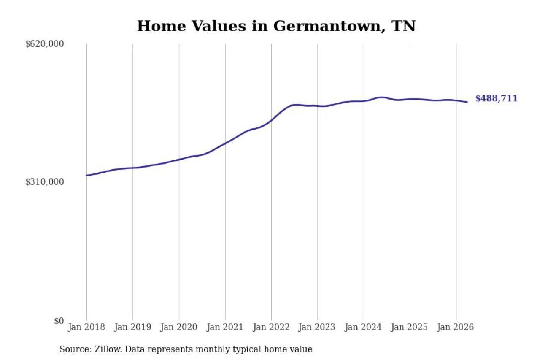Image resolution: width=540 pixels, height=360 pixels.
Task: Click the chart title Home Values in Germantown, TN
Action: [x=276, y=26]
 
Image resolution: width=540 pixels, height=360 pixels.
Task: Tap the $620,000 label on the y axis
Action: [x=45, y=44]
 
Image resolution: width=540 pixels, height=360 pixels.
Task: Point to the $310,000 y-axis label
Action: [x=45, y=182]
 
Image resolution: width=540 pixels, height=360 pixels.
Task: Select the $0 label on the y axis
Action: [x=59, y=321]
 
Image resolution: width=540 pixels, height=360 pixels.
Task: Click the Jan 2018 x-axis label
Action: [x=86, y=327]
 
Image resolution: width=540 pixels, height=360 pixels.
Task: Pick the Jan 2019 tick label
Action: [x=133, y=327]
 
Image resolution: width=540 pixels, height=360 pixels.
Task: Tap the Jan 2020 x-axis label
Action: [x=179, y=327]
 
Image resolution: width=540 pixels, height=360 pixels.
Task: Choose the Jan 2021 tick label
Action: [x=225, y=327]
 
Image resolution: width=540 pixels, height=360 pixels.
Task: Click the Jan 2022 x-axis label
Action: [x=271, y=327]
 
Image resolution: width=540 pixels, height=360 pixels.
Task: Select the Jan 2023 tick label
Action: [x=317, y=327]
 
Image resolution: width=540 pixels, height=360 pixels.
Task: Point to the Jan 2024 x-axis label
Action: [x=364, y=327]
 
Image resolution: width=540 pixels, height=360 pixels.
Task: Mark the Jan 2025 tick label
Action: [x=410, y=327]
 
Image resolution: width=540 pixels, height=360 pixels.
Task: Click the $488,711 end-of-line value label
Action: [x=497, y=98]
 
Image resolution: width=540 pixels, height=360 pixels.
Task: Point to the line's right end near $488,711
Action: [x=467, y=102]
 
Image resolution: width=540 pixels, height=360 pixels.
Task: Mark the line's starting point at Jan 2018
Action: [x=87, y=176]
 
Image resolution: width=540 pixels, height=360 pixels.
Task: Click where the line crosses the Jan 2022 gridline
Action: [x=271, y=121]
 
